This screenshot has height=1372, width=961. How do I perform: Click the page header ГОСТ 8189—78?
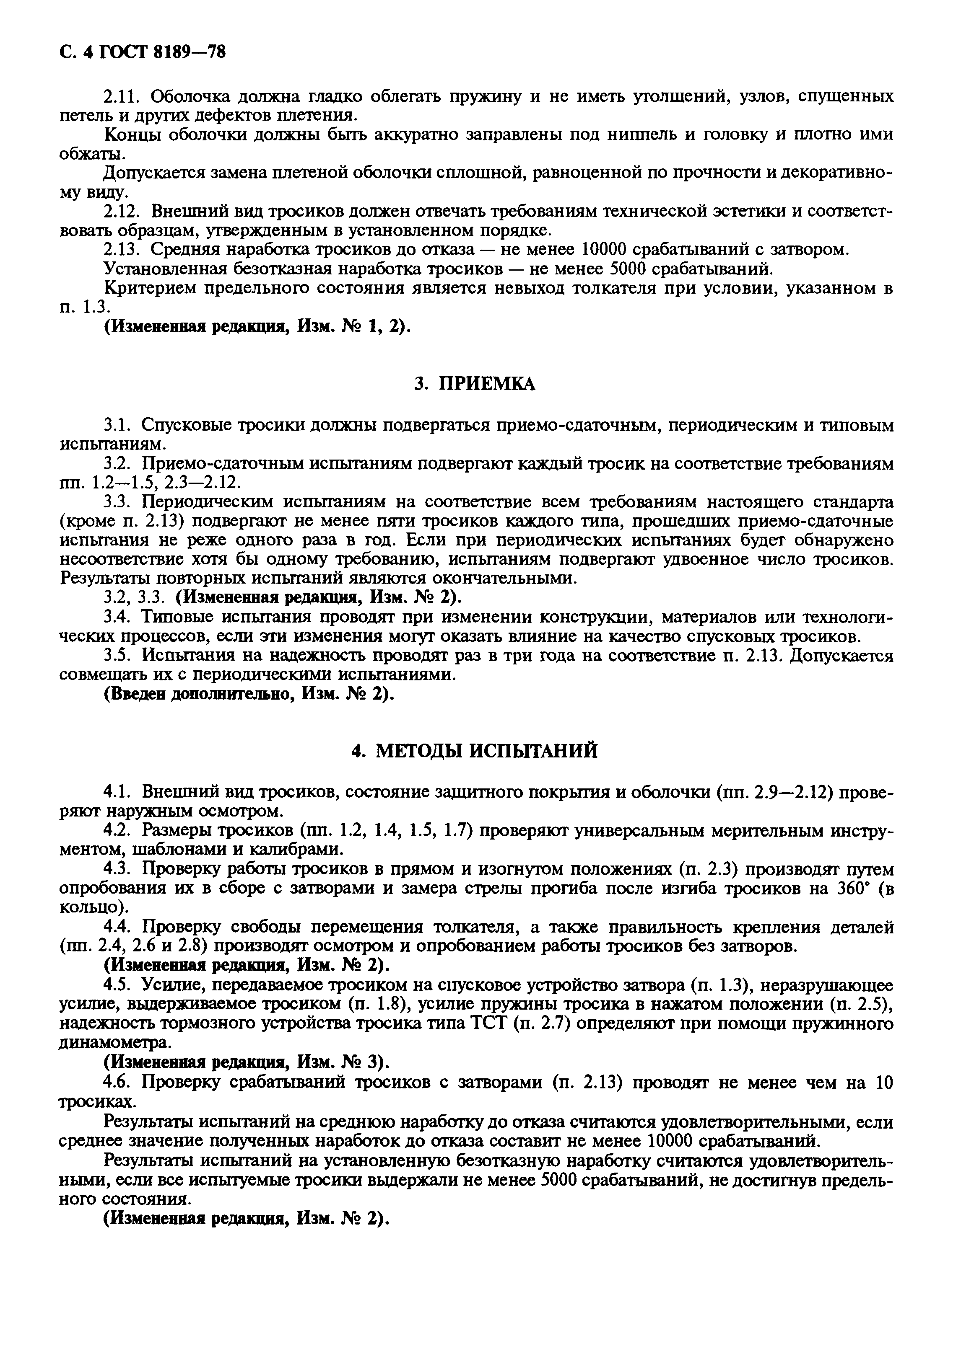tap(143, 53)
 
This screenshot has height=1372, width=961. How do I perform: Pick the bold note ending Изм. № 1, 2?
tap(257, 327)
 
